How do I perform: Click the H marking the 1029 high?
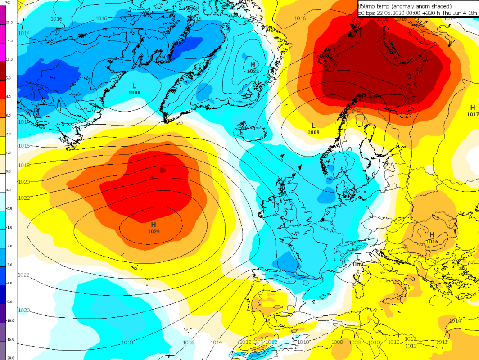(154, 224)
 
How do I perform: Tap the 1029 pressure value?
(154, 231)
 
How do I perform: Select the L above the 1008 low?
(134, 85)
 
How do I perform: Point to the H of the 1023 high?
(253, 64)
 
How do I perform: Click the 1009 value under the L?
(313, 132)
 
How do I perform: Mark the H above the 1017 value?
(472, 108)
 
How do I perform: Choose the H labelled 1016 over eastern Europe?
(431, 234)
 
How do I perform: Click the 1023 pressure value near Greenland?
(253, 71)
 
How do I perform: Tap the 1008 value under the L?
(134, 93)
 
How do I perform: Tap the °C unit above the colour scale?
(8, 2)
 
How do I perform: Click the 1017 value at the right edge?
(472, 114)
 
